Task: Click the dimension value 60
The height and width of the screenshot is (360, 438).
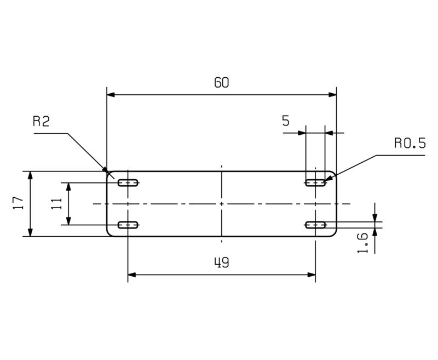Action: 222,82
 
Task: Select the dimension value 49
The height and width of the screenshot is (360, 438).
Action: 222,262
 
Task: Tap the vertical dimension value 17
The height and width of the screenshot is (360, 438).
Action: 18,203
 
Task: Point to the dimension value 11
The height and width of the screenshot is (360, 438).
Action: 56,203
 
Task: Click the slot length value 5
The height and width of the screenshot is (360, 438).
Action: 286,121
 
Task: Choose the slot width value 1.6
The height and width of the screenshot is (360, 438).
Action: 362,243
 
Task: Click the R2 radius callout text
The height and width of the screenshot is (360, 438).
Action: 41,121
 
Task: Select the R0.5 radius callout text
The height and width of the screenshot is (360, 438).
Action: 410,143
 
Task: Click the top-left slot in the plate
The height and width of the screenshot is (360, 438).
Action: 128,183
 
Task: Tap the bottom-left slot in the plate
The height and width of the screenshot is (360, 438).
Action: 128,225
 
